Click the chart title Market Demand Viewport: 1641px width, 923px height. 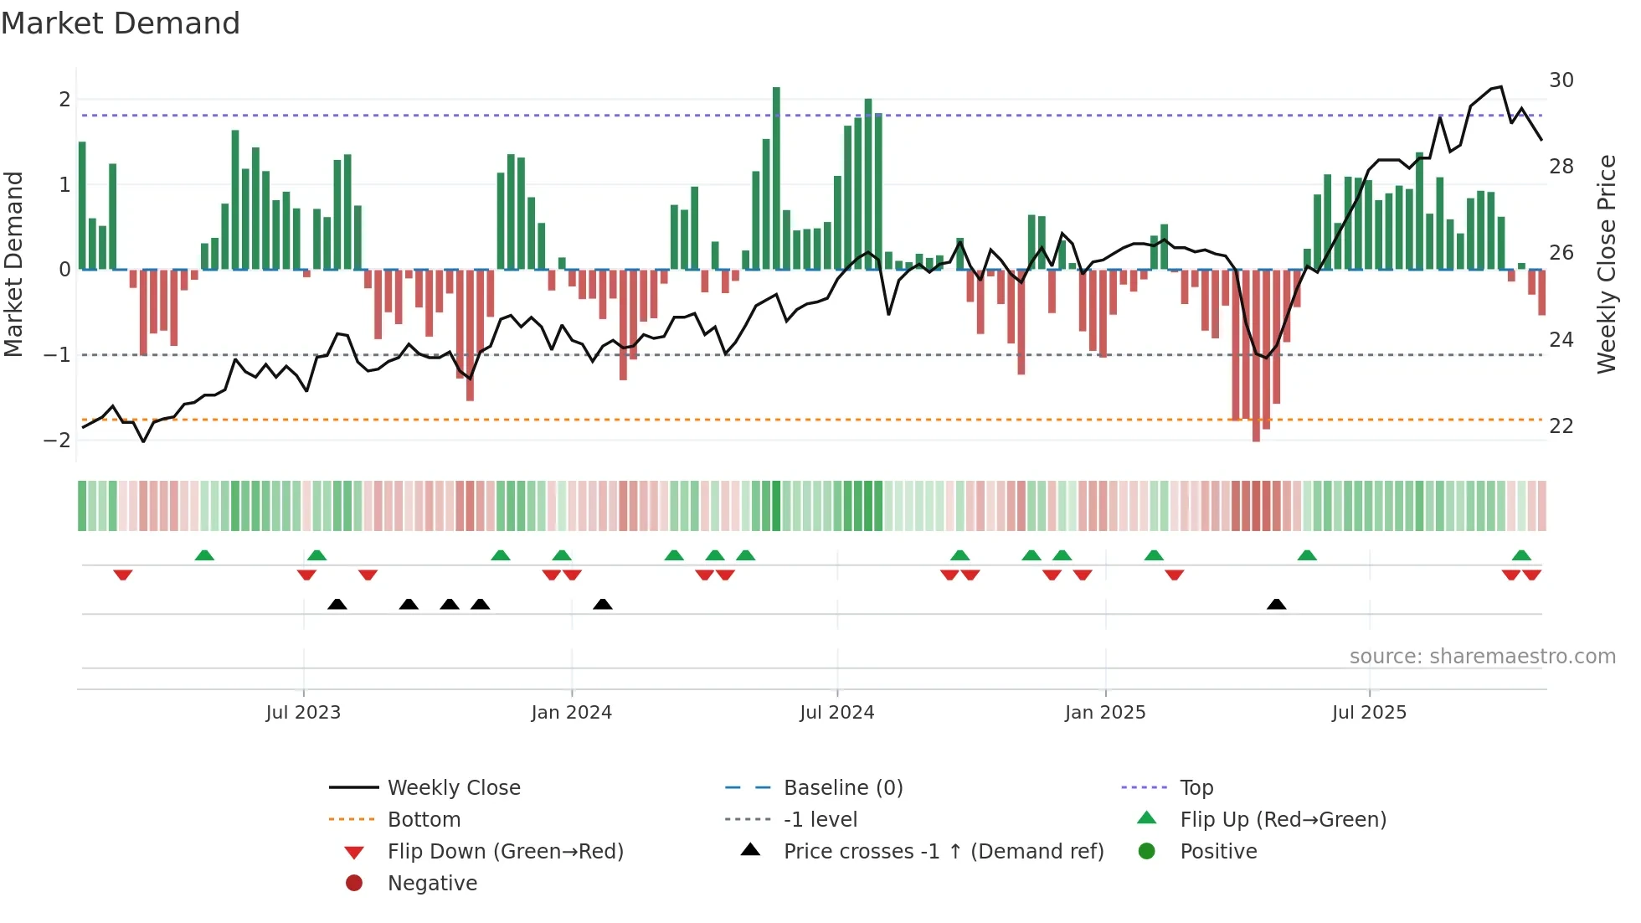point(121,23)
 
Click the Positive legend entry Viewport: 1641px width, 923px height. point(1217,851)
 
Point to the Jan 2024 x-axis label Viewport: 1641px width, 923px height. point(571,712)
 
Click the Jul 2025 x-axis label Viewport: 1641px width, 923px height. point(1369,712)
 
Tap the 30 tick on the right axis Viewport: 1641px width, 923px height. point(1561,80)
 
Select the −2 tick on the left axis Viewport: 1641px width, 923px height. point(57,441)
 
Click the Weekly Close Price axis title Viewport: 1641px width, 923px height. point(1606,264)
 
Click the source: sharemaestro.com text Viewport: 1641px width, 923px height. point(1482,656)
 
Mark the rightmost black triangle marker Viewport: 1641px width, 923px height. point(1276,604)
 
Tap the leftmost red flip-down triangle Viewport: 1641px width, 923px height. point(123,575)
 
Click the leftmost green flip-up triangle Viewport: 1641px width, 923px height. point(204,555)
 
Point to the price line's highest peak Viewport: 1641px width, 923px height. point(1500,86)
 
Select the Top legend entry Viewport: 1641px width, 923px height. point(1196,787)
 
